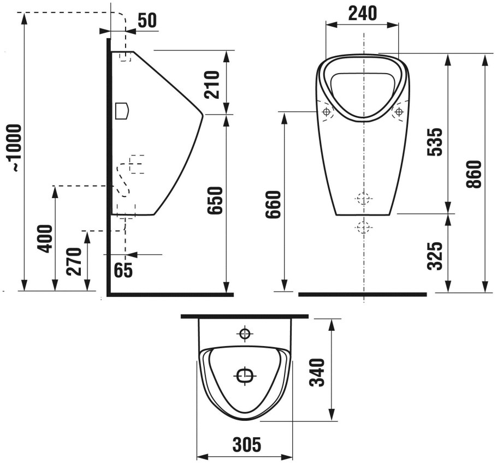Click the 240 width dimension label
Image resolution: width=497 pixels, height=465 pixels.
coord(363,13)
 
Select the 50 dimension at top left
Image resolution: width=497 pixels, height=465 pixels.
coord(147,21)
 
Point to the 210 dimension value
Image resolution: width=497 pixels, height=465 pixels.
coord(212,85)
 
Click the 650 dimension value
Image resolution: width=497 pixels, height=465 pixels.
coord(216,201)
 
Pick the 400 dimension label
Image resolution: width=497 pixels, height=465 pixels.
coord(45,239)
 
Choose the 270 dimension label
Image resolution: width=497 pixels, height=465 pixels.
coord(74,261)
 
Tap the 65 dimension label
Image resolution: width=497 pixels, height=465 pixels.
coord(123,270)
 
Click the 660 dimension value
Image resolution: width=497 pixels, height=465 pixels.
coord(273,204)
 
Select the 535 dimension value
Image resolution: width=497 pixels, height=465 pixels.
coord(434,141)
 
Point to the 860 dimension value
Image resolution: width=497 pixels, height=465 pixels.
coord(474,174)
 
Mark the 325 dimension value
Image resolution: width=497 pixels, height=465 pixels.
coord(434,256)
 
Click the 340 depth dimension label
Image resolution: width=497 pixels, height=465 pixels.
coord(317,373)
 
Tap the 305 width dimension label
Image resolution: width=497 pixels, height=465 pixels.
coord(247,444)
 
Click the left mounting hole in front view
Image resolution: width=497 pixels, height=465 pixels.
coord(326,111)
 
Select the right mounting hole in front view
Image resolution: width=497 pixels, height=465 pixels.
coord(399,111)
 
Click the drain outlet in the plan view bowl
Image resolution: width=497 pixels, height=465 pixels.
coord(245,375)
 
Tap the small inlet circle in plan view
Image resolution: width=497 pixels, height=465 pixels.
coord(245,333)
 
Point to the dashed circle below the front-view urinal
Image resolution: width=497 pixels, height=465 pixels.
coord(363,228)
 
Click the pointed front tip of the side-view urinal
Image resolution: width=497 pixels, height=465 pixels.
coord(203,115)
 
